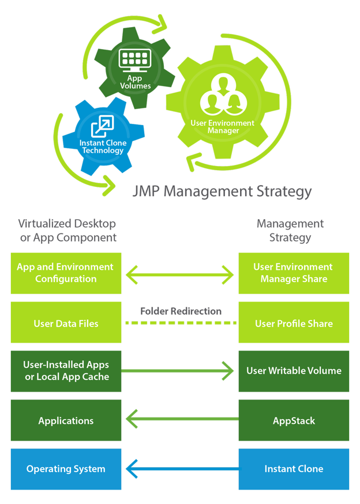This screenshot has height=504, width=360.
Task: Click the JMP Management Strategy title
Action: pos(222,191)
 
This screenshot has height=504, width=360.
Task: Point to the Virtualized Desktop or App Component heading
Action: pos(67,230)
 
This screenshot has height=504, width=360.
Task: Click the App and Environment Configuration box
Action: pos(66,273)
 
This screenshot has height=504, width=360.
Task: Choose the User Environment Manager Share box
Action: pos(294,273)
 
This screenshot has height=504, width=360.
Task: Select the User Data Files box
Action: pos(66,324)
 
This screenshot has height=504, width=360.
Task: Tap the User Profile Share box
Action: pos(294,324)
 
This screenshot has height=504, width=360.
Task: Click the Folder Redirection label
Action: pos(181,311)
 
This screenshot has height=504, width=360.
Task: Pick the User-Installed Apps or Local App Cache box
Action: pos(66,371)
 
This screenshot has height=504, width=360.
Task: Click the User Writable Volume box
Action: pos(294,371)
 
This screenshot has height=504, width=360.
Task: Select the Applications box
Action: pos(66,420)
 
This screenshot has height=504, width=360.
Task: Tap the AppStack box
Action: pos(294,420)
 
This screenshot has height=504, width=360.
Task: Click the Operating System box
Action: pos(66,469)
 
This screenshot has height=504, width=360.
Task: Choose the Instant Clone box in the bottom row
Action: pos(294,469)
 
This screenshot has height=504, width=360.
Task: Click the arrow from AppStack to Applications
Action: pos(181,419)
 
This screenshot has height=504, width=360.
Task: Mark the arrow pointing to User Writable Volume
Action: pos(181,370)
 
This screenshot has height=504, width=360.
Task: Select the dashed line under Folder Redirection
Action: pos(181,323)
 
